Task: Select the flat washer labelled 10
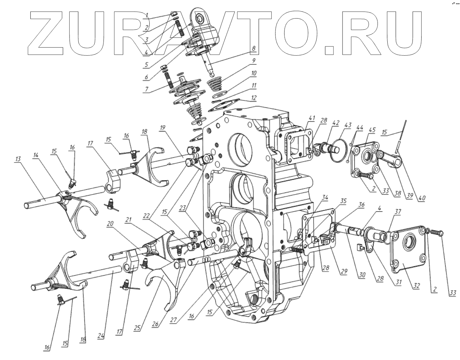220,95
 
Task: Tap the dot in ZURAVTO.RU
330,50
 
